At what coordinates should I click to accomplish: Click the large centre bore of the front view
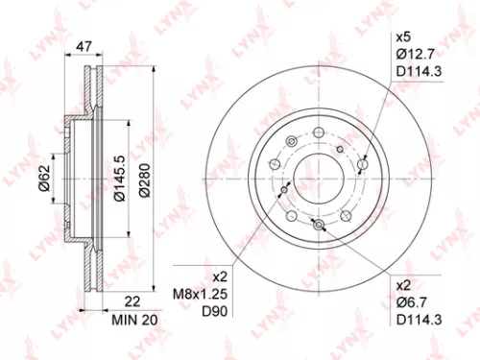click(316, 180)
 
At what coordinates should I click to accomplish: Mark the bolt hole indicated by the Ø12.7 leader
click(361, 165)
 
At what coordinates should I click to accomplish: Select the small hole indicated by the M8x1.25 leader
click(284, 190)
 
